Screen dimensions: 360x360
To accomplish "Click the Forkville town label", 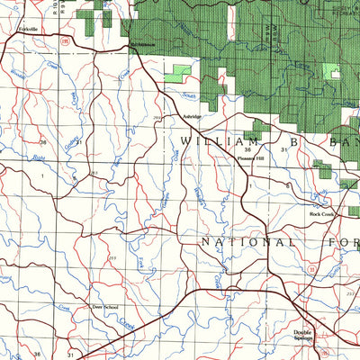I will [28, 30].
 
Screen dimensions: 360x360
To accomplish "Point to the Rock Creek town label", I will [321, 214].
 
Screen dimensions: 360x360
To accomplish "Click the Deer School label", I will [105, 307].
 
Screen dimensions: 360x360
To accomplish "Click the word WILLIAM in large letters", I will [212, 141].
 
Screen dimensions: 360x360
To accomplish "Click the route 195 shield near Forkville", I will [62, 40].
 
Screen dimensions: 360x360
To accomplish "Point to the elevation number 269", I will [158, 117].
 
